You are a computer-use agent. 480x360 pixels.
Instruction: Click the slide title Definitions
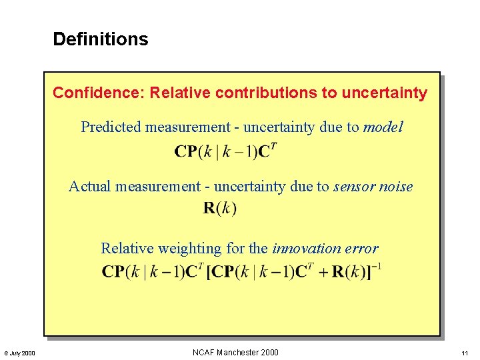tap(101, 39)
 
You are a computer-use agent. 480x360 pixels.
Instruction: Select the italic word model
tap(383, 127)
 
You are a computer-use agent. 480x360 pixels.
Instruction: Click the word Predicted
tap(111, 127)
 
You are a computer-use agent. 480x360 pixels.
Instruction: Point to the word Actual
tap(90, 187)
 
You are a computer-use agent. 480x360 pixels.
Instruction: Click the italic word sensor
tap(357, 187)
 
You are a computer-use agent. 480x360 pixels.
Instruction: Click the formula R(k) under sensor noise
tap(219, 209)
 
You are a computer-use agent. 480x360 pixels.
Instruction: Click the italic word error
tap(361, 249)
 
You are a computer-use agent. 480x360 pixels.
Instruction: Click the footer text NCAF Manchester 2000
tap(235, 353)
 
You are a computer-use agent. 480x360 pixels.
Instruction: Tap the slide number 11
tap(464, 353)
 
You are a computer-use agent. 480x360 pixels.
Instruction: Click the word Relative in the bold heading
tap(177, 93)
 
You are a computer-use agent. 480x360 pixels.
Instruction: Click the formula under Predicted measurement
tap(225, 151)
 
